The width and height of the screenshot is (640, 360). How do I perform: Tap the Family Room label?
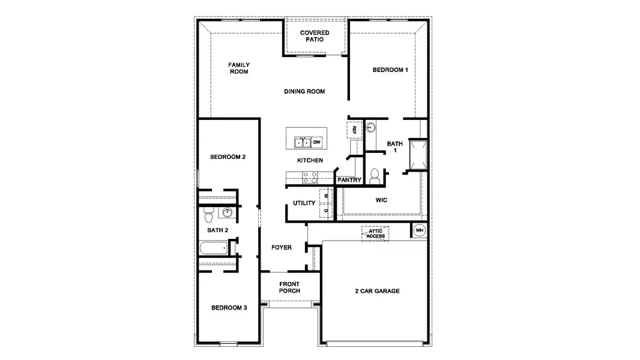click(238, 68)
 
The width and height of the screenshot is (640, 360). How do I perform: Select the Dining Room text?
click(304, 92)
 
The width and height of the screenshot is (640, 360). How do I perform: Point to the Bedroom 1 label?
click(390, 70)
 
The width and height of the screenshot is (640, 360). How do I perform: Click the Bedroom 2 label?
click(228, 157)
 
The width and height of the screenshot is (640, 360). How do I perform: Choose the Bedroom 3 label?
click(229, 308)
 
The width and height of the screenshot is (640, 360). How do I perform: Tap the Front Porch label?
click(289, 287)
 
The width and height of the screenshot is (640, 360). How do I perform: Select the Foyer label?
click(281, 247)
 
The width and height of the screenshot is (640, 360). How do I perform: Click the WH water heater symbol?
click(419, 230)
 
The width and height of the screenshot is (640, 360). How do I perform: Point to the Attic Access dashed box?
click(376, 233)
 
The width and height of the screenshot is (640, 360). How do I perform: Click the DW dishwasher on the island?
click(317, 142)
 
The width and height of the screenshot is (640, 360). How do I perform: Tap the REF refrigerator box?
click(354, 130)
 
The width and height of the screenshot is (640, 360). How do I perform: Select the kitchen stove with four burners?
click(309, 177)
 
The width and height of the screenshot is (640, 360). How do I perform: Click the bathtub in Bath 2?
click(213, 248)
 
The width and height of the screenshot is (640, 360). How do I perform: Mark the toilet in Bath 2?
click(208, 212)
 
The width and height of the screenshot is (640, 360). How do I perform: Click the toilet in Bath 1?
click(375, 176)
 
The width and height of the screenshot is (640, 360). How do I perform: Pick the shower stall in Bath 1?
click(417, 154)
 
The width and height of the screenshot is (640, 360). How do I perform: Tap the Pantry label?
click(349, 180)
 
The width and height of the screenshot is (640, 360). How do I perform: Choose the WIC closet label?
click(381, 200)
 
